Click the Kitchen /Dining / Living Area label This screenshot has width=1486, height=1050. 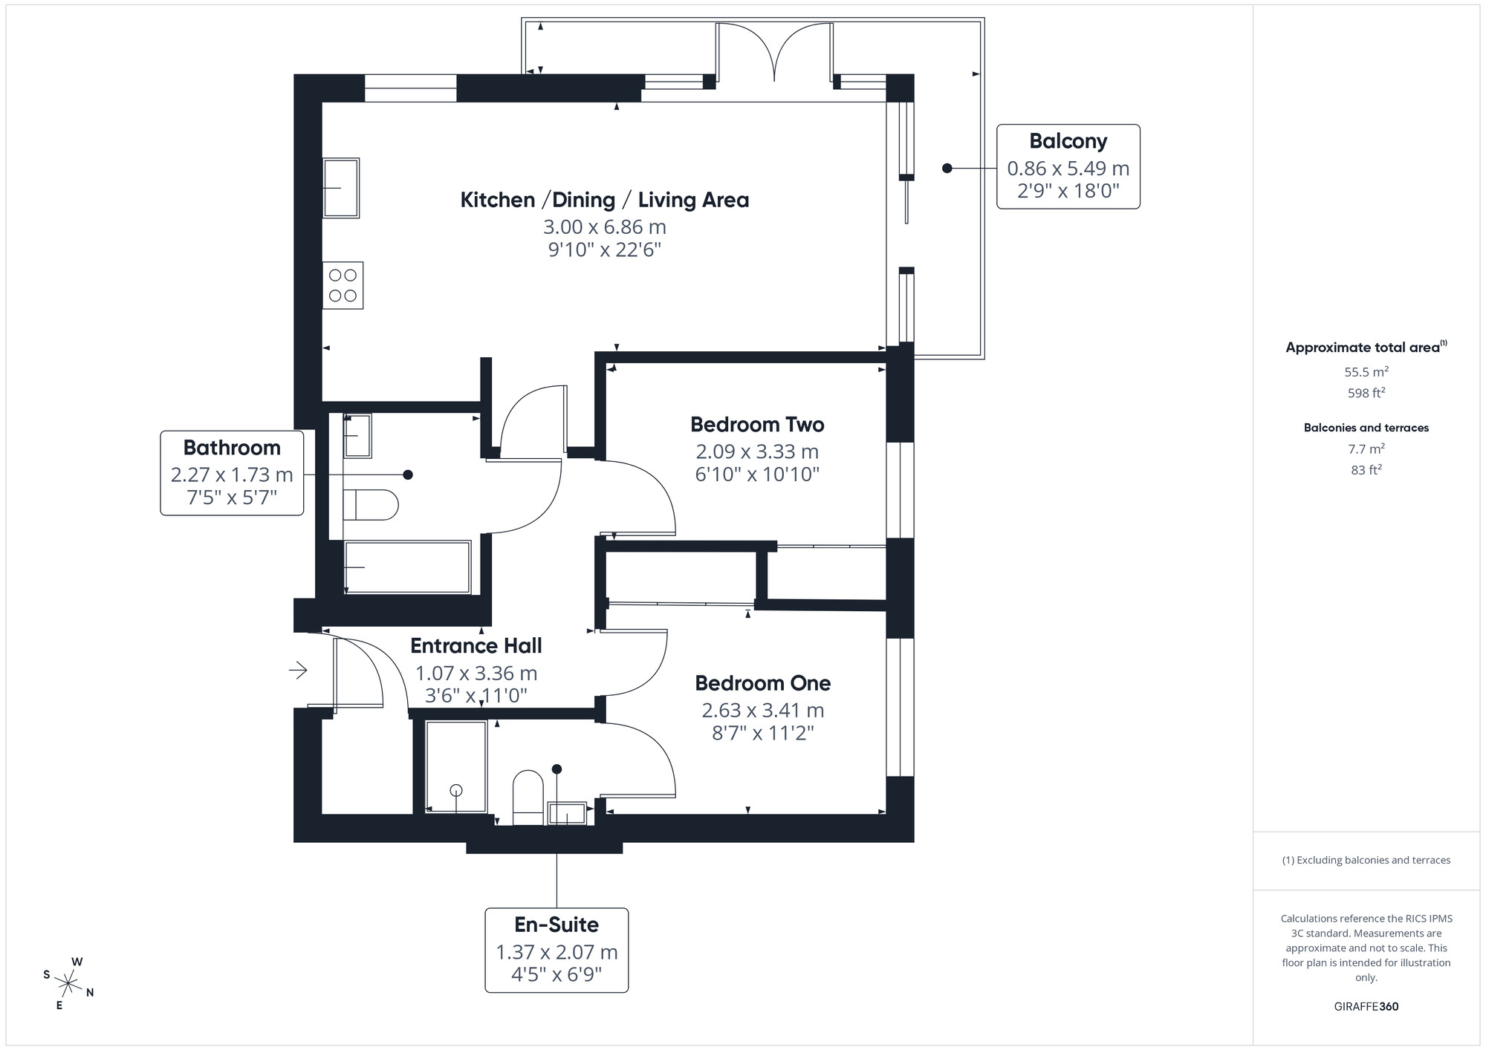coord(604,200)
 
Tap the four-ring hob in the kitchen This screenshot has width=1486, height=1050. coord(343,285)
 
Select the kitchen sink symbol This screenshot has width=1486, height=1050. coord(341,188)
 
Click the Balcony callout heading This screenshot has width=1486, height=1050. coord(1068,141)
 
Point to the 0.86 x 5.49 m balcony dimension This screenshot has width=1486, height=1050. coord(1068,169)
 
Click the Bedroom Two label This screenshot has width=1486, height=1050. coord(756,425)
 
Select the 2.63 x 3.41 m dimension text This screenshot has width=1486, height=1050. coord(762,711)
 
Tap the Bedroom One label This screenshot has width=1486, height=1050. coord(762,683)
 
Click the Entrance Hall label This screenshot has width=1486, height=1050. coord(476,646)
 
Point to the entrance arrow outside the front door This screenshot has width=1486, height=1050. coord(298,671)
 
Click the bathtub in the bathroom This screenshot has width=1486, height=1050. coord(407,567)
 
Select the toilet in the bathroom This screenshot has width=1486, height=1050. coord(371,505)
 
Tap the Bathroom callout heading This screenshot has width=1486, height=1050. coord(232,448)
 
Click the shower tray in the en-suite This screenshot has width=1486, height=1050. coord(456,766)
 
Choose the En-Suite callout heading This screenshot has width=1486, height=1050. coord(557,925)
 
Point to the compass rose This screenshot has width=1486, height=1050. coord(68,985)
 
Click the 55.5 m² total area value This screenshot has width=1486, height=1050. coord(1366,372)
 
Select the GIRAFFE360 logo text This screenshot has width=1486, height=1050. coord(1366,1007)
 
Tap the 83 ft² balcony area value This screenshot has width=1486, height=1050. coord(1366,470)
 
